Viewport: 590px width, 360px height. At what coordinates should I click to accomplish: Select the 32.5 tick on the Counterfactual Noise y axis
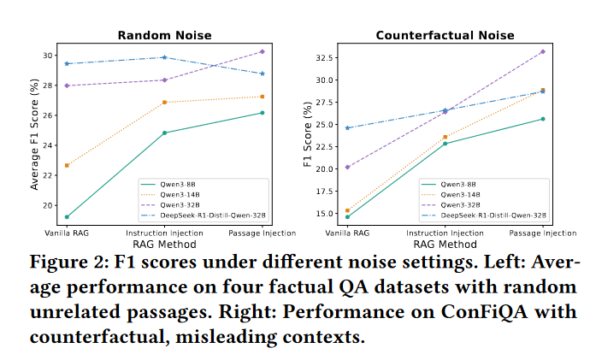(x=323, y=58)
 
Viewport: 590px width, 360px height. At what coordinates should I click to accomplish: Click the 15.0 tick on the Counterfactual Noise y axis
(x=323, y=213)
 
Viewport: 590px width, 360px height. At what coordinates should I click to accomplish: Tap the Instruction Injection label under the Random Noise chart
(x=163, y=233)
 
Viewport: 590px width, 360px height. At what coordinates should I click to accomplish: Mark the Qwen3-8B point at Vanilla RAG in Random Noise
(x=66, y=217)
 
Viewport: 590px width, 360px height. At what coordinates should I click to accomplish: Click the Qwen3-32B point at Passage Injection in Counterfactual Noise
(x=543, y=51)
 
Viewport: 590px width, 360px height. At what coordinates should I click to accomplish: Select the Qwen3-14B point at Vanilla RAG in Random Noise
(x=66, y=165)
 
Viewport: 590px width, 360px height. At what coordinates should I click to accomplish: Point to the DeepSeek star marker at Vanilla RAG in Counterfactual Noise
(x=346, y=127)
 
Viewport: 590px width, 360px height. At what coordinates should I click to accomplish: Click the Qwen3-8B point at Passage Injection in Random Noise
(x=262, y=113)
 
